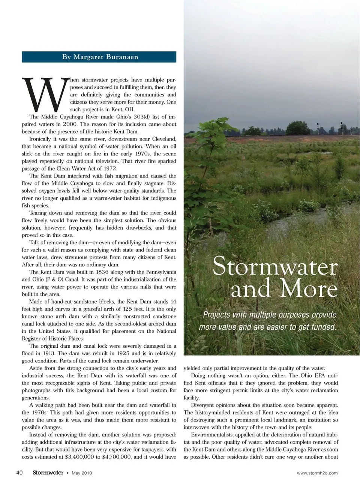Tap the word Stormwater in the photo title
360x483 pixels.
coord(275,267)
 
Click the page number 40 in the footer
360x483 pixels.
coord(19,473)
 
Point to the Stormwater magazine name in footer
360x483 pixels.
coord(48,473)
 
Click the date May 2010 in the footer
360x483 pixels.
coord(82,473)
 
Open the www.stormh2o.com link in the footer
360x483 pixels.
coord(317,473)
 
